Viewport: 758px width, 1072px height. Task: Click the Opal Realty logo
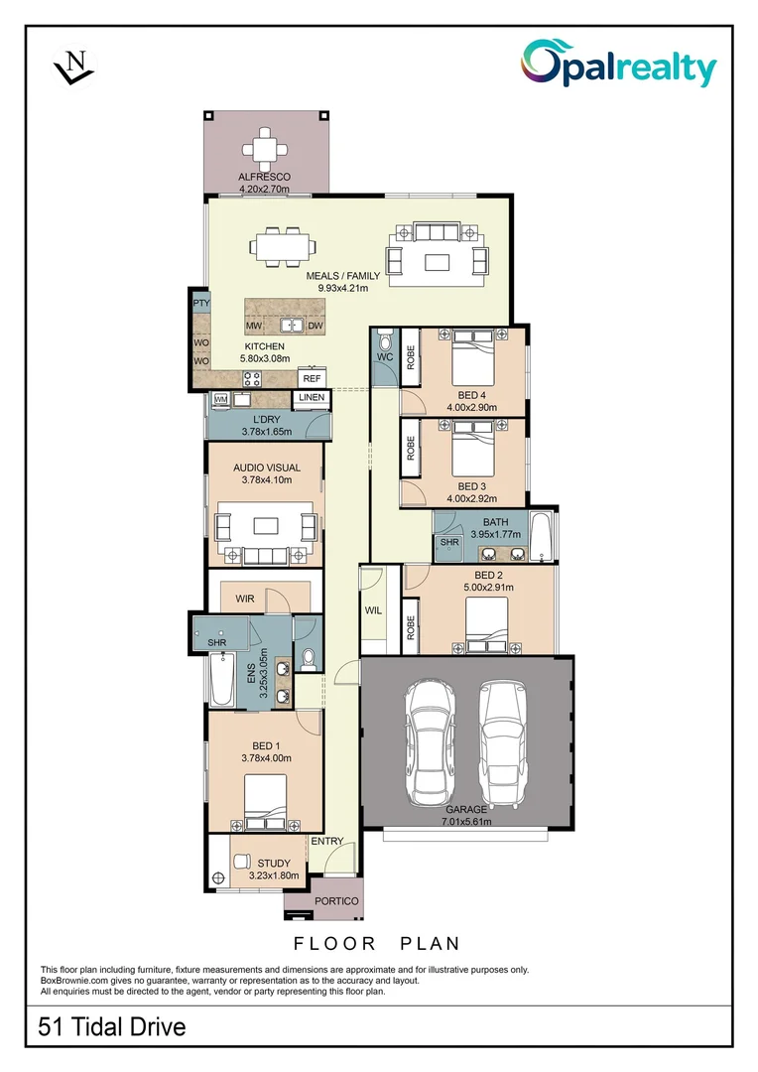point(618,67)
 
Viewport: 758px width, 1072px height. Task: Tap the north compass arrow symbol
point(73,67)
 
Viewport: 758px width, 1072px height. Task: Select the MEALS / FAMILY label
point(342,275)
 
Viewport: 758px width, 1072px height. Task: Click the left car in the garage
point(430,739)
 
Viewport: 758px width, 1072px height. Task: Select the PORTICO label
point(335,901)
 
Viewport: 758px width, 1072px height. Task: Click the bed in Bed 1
point(265,801)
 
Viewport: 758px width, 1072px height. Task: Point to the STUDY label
point(267,864)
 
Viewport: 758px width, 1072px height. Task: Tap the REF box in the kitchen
point(312,378)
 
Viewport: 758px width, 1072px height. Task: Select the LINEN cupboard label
point(312,398)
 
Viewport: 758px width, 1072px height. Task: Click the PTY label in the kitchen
point(201,303)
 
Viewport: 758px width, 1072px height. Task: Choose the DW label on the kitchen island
point(316,326)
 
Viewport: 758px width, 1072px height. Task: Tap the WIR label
point(245,600)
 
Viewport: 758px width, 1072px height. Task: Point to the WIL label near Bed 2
point(373,610)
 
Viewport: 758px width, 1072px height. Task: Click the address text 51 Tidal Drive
point(112,1026)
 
